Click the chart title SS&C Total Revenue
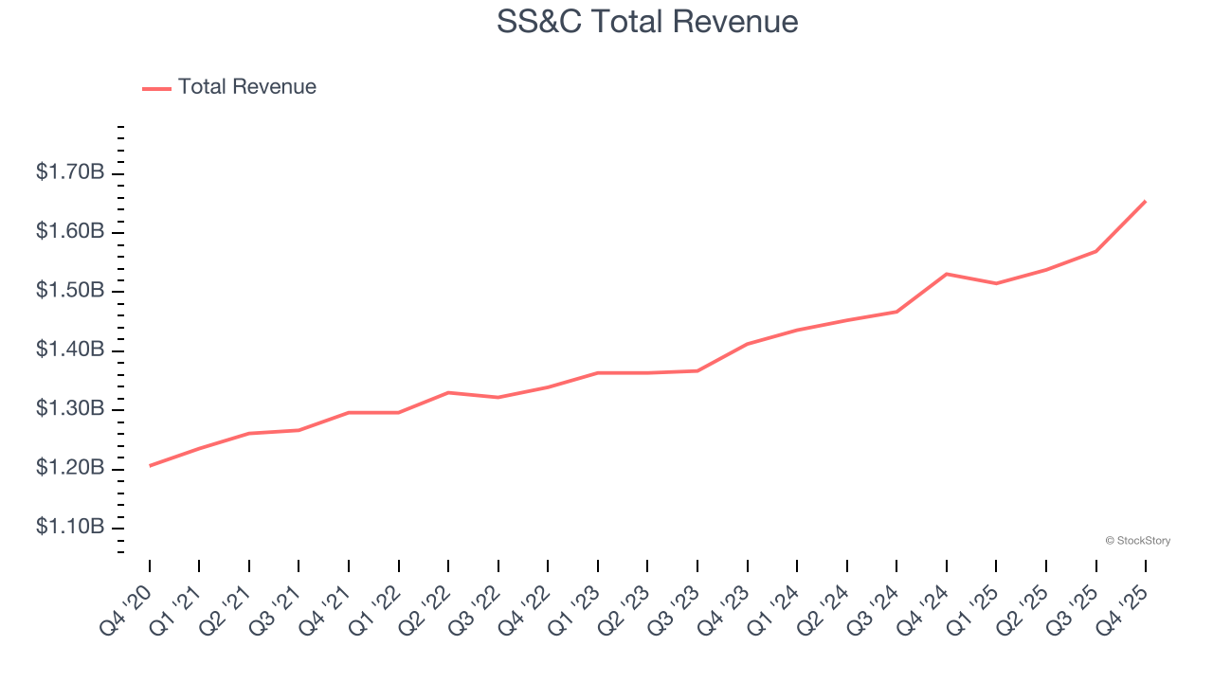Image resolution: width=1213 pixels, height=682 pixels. (x=647, y=22)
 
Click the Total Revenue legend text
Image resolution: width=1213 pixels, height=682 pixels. (x=246, y=87)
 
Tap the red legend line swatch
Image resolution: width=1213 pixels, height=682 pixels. (x=156, y=88)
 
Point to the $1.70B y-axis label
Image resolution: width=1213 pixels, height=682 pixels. (x=69, y=172)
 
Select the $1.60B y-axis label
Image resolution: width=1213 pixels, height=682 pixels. (x=69, y=232)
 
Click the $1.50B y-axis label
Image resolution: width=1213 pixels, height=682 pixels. (x=69, y=291)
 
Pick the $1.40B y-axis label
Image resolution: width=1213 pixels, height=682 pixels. (x=69, y=350)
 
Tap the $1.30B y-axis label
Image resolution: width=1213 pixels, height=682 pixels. (x=69, y=409)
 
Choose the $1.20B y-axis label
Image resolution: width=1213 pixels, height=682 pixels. (x=69, y=469)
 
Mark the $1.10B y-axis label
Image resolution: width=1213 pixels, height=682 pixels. (x=69, y=528)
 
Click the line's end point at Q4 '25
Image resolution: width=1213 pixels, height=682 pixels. (x=1146, y=201)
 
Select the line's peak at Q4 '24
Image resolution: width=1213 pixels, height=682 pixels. (x=947, y=274)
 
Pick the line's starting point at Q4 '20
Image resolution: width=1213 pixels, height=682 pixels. (x=150, y=465)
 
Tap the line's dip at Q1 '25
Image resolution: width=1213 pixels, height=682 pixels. (x=996, y=283)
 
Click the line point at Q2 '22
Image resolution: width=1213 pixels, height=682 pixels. (x=448, y=392)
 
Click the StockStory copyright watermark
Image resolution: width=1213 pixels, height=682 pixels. (x=1137, y=541)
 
